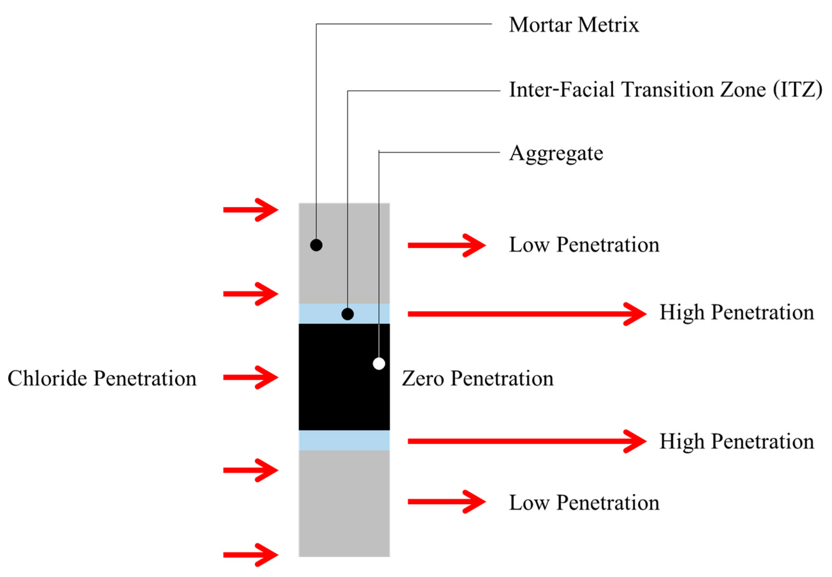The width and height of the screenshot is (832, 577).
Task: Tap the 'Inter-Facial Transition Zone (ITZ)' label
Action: [665, 90]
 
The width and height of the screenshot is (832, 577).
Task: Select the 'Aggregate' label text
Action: [556, 153]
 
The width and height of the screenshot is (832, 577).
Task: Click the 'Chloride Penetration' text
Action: [102, 379]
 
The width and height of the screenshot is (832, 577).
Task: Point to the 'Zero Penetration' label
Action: [477, 379]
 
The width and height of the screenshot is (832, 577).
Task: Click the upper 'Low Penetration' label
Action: [584, 245]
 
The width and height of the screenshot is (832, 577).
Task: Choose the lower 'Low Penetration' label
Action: [584, 503]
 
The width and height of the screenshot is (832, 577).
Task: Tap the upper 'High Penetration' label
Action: [737, 312]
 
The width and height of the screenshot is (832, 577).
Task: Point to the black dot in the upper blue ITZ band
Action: [347, 314]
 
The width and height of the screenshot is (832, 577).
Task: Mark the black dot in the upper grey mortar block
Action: [316, 245]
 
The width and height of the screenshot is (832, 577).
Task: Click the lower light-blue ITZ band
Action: [344, 440]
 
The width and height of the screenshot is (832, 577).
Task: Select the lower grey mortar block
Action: [344, 503]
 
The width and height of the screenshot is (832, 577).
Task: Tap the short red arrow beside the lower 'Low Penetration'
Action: [447, 501]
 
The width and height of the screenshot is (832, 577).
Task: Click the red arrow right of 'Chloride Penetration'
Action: [250, 377]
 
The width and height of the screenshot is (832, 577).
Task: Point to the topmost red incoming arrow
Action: [250, 210]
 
